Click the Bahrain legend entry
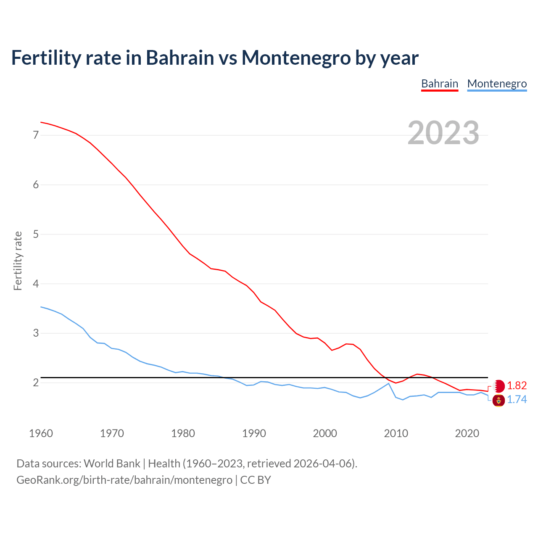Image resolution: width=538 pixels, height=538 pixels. pyautogui.click(x=440, y=84)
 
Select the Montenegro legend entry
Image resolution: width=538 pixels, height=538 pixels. pyautogui.click(x=497, y=84)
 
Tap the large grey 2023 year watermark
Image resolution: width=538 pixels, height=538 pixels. pyautogui.click(x=443, y=133)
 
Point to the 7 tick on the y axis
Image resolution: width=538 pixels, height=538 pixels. pyautogui.click(x=36, y=135)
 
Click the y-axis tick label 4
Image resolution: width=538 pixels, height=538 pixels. pyautogui.click(x=36, y=284)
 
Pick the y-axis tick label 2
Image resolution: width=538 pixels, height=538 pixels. pyautogui.click(x=36, y=382)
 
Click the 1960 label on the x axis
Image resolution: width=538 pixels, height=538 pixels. pyautogui.click(x=41, y=433)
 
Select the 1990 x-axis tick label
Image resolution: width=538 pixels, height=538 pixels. pyautogui.click(x=254, y=433)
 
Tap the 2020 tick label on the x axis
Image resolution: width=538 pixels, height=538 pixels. pyautogui.click(x=467, y=433)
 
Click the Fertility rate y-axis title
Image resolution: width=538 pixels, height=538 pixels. pyautogui.click(x=18, y=261)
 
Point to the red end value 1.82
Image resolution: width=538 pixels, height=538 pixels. pyautogui.click(x=517, y=385)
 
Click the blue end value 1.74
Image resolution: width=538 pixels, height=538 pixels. pyautogui.click(x=517, y=400)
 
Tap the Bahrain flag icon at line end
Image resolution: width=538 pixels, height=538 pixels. pyautogui.click(x=499, y=386)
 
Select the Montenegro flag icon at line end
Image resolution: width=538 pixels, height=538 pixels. pyautogui.click(x=498, y=401)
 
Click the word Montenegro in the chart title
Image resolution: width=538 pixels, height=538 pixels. pyautogui.click(x=296, y=58)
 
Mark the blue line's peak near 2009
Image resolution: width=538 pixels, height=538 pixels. pyautogui.click(x=389, y=383)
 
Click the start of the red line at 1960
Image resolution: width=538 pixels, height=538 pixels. pyautogui.click(x=41, y=122)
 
